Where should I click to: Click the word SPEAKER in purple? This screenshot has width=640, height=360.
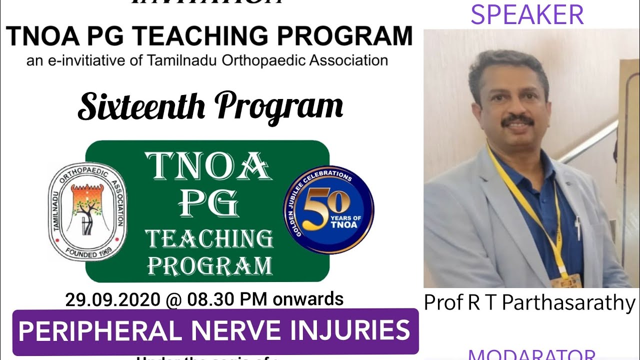tap(527, 14)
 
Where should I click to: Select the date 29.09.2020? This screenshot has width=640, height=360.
tap(111, 299)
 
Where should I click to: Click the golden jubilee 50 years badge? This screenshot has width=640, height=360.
tap(328, 208)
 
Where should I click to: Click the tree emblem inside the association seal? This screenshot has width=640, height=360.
tap(87, 208)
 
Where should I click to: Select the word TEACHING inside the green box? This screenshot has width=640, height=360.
tap(209, 239)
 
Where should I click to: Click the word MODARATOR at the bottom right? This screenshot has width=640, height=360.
tap(531, 355)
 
